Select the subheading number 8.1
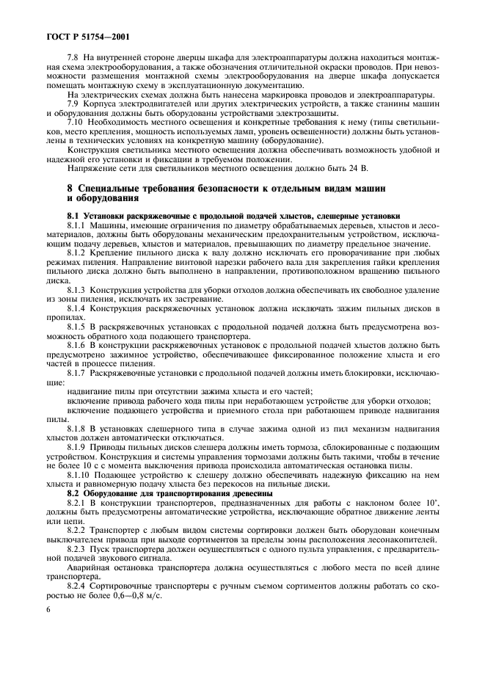[x=73, y=216]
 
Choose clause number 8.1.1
[x=77, y=225]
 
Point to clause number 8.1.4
[x=77, y=308]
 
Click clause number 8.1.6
[x=77, y=345]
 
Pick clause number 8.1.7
[x=77, y=373]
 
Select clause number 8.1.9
[x=77, y=447]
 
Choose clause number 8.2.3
[x=77, y=548]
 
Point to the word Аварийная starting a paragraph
[x=90, y=567]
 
